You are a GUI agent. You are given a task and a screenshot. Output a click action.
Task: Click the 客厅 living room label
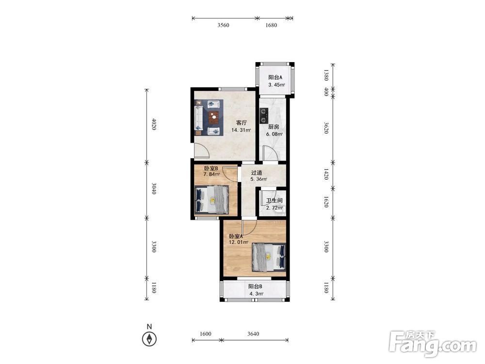(x=241, y=123)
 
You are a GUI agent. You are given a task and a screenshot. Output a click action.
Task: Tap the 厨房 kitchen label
(x=274, y=127)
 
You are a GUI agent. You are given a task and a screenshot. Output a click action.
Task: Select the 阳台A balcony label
(x=275, y=77)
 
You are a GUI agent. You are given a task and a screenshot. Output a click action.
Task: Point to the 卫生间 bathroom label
(x=275, y=200)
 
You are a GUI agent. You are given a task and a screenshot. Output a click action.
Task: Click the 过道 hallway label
(x=257, y=173)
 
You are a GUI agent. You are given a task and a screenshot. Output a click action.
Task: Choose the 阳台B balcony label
(x=255, y=287)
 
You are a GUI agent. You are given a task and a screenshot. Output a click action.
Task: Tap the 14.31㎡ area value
(x=241, y=130)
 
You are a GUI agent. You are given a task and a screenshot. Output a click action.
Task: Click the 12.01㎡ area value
(x=239, y=242)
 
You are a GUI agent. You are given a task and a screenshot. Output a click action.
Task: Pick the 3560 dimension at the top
(x=223, y=25)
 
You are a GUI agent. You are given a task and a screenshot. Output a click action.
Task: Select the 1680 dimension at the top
(x=271, y=25)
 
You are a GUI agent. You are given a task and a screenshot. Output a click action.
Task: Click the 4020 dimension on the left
(x=154, y=124)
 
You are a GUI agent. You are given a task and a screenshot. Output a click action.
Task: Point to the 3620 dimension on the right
(x=326, y=128)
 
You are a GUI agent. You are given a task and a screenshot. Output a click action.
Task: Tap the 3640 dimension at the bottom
(x=253, y=334)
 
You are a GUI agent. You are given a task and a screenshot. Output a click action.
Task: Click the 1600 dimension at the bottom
(x=205, y=334)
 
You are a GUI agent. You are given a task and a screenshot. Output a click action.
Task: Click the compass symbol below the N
(x=149, y=339)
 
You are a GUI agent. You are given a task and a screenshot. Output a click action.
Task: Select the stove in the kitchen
(x=264, y=116)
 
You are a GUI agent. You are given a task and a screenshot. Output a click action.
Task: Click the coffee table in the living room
(x=213, y=117)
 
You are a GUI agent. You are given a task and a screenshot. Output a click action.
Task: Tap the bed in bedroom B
(x=211, y=199)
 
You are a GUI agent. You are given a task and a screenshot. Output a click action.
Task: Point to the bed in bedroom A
(x=269, y=257)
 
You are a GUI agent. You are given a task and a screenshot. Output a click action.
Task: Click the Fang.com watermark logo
(x=433, y=344)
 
